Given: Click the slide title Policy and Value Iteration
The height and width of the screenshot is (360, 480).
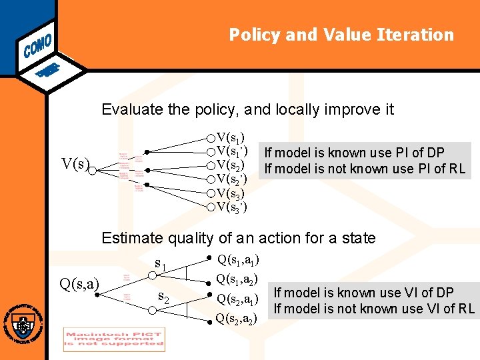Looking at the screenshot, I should (x=341, y=35).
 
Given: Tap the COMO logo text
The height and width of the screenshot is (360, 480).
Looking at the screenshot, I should (x=38, y=42).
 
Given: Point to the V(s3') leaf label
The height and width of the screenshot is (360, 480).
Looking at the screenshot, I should (x=232, y=207).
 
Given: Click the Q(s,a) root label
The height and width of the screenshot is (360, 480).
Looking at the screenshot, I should (x=79, y=285).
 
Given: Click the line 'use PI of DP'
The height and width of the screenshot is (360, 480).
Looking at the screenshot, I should (x=354, y=153).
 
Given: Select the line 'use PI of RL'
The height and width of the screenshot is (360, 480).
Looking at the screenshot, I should (x=364, y=169).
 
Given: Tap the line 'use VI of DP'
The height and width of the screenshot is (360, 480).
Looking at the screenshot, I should (x=363, y=292).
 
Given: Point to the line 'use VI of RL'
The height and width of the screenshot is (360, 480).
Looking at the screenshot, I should (x=373, y=308).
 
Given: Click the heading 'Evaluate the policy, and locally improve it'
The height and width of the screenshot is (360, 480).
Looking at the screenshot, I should (x=247, y=109).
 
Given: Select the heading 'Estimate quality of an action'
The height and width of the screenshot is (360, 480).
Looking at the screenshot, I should (x=238, y=238).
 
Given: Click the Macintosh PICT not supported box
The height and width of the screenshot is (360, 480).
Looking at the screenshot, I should (x=114, y=339).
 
